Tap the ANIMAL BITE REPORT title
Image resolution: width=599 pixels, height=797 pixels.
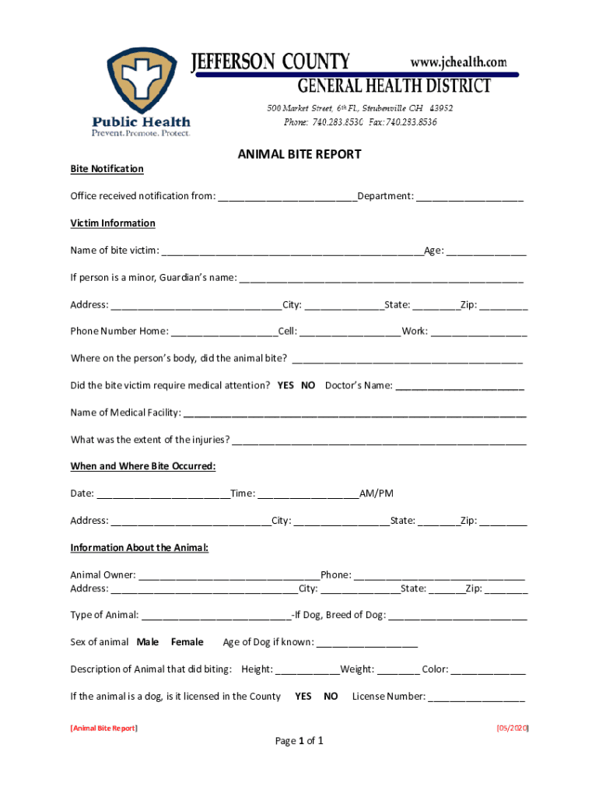pos(299,154)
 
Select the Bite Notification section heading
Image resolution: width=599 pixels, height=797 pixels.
pos(107,169)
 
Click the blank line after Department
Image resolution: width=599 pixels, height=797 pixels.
pos(469,197)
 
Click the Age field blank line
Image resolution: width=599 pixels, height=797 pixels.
pos(486,251)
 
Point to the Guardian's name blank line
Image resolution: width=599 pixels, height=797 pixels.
pos(381,279)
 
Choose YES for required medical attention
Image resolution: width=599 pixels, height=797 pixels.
pos(285,385)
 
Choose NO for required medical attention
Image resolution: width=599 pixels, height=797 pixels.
pos(308,385)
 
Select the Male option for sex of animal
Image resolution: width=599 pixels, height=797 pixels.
pos(148,642)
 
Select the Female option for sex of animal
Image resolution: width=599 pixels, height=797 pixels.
pos(187,642)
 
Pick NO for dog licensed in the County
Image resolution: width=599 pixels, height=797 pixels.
pos(331,697)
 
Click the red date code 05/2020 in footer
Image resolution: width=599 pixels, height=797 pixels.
pos(513,729)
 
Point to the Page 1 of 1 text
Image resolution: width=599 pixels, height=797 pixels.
pos(299,741)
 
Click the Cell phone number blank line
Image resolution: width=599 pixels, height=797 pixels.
pos(349,332)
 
